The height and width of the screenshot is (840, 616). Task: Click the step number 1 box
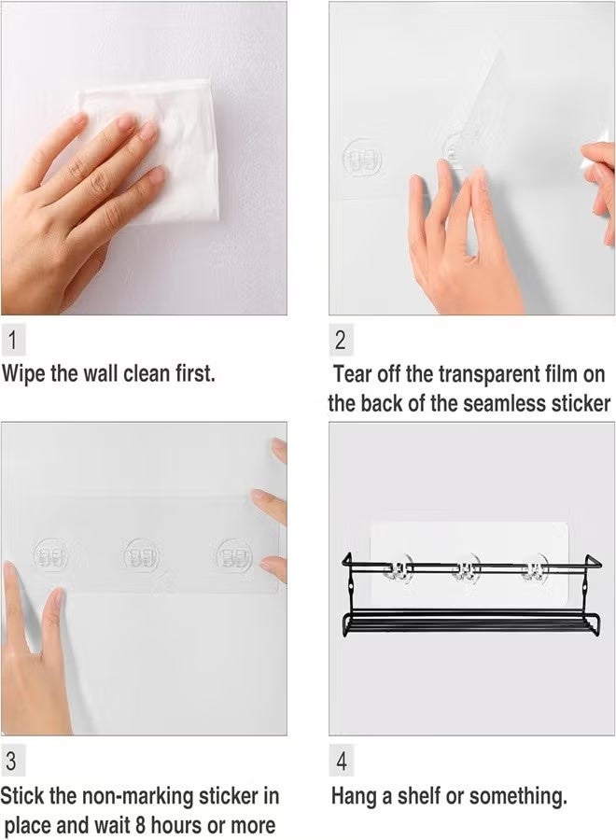pos(12,340)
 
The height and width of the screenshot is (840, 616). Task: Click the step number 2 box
pos(341,340)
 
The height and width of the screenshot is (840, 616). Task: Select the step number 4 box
pos(342,762)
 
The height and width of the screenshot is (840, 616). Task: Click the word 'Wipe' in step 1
pos(26,373)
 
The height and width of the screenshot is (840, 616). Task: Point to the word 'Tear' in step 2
pos(355,374)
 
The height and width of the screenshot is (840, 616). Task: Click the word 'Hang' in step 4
pos(356,796)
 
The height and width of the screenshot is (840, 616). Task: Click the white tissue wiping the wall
pos(159,149)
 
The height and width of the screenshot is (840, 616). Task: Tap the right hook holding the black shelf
pos(535,568)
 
